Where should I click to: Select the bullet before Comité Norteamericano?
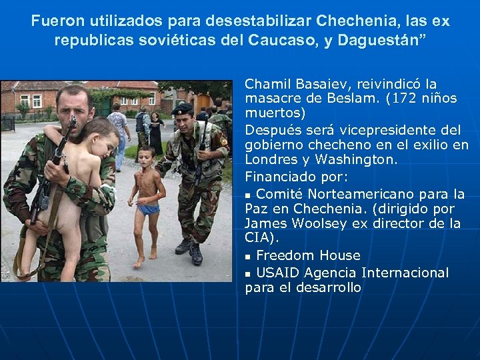click(248, 195)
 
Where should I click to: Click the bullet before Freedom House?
click(248, 256)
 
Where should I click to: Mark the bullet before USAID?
click(248, 273)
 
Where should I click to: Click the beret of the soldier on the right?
click(182, 108)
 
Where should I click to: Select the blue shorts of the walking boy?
click(149, 209)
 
